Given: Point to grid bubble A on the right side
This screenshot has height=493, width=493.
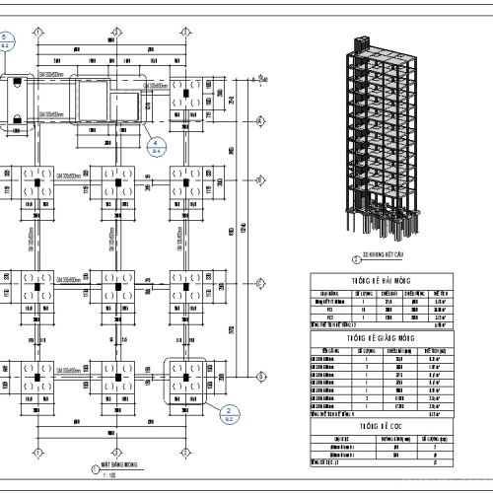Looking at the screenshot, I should click(259, 375).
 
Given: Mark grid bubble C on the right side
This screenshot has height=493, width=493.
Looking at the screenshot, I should click(259, 180).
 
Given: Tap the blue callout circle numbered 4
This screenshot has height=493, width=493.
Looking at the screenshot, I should click(155, 146).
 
